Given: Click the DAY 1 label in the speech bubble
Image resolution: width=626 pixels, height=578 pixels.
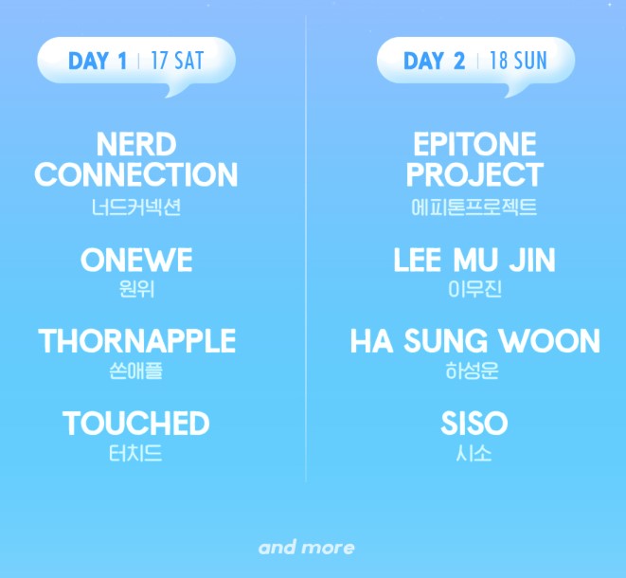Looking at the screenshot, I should pos(98,62).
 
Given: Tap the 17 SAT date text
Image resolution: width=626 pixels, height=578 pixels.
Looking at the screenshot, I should pos(177,62).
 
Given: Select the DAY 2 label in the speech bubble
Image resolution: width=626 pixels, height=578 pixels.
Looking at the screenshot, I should pos(435,62).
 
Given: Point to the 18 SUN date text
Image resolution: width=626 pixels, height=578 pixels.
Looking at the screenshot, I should pos(518,62).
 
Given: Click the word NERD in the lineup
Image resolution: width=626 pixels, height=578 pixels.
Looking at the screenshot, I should pos(136,145).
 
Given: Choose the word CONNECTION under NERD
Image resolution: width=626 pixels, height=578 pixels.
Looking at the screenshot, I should pos(136,174).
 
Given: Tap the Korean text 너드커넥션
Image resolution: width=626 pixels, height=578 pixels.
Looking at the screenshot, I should pos(136,206).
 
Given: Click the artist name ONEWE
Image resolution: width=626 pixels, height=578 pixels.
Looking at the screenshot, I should pos(136,260).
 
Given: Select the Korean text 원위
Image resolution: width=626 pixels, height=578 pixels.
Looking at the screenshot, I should pos(136,288).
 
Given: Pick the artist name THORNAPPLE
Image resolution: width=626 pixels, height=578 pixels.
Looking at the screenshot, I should pos(136,341).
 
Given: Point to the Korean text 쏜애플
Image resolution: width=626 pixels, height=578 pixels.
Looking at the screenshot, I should pos(136,370).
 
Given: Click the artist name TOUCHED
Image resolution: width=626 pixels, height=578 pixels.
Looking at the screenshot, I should pos(136,423).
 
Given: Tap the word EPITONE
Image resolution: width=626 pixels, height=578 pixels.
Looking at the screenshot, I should pos(474,145).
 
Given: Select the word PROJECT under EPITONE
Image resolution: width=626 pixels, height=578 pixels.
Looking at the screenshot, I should pos(474,174).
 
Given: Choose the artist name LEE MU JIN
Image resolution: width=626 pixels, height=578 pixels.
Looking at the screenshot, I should pos(474,260).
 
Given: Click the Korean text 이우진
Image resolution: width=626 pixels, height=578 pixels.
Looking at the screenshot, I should pos(474,288).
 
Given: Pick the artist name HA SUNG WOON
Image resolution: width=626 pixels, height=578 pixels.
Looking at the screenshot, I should pos(474,341).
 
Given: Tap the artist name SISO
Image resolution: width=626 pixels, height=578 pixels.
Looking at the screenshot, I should pos(474,423).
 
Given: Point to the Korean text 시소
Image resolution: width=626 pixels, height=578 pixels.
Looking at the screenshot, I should pos(474,452).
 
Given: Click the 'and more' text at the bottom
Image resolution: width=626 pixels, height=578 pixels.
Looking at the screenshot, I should pos(307,548).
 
